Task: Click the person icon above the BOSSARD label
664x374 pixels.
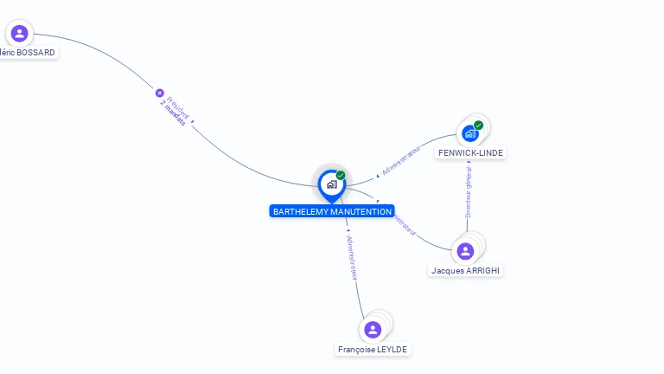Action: (x=19, y=34)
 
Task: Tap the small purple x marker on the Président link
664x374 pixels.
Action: (x=159, y=93)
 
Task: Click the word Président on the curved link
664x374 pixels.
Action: (x=178, y=106)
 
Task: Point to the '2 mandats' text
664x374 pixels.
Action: (x=172, y=113)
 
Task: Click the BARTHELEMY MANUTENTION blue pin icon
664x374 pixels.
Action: (x=331, y=184)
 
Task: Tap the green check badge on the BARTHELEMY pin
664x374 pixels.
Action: (x=341, y=175)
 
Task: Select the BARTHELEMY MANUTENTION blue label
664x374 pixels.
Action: (x=332, y=211)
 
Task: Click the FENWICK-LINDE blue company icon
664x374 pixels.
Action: (x=469, y=133)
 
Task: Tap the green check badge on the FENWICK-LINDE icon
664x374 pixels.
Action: (x=478, y=126)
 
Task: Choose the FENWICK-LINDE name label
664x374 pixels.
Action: (x=470, y=153)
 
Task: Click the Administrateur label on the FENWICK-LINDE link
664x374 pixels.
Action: (x=400, y=161)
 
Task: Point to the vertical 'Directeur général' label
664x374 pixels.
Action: (x=469, y=190)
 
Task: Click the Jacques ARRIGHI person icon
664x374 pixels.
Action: (x=465, y=251)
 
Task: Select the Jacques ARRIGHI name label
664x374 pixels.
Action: (x=465, y=271)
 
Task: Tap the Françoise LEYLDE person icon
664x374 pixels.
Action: (x=373, y=330)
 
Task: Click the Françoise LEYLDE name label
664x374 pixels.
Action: (x=373, y=350)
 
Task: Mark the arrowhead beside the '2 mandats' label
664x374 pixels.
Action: (x=192, y=123)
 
